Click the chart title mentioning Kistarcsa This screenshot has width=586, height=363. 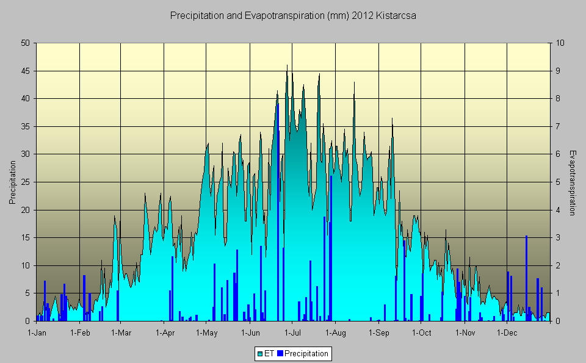pos(293,16)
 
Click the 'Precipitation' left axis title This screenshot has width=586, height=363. pos(12,182)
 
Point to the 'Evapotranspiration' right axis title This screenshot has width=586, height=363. pos(572,182)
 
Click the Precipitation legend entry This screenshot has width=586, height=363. pos(306,353)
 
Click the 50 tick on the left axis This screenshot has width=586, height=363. pos(25,43)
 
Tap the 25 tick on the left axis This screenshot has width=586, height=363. pos(25,182)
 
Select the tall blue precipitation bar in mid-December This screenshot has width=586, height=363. pos(526,278)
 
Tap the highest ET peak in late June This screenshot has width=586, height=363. pos(287,66)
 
